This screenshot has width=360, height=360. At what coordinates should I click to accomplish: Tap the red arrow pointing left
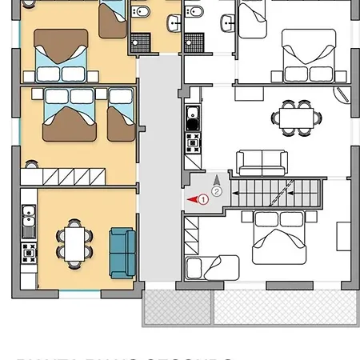coord(191,199)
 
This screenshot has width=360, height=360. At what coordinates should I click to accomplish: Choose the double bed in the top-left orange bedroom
coord(60,54)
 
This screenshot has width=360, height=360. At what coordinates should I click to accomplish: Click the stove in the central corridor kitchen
coord(192,143)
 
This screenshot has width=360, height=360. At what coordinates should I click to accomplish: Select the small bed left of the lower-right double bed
coord(211,266)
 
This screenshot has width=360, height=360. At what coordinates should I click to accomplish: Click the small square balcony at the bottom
coord(176,306)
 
